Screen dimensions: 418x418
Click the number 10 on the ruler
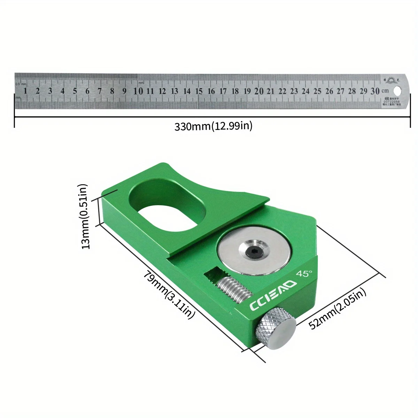[138, 91]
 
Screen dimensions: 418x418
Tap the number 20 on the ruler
[258, 91]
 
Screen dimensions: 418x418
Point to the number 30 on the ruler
[375, 91]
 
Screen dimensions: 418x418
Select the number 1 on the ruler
[25, 91]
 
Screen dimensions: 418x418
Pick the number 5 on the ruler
[75, 91]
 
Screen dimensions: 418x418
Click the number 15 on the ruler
[199, 91]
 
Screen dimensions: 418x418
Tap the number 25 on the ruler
[317, 91]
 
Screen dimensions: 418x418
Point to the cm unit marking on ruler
[385, 91]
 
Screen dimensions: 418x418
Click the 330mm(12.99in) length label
[213, 126]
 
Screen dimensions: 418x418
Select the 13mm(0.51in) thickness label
[85, 216]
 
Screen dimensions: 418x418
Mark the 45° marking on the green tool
[304, 274]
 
